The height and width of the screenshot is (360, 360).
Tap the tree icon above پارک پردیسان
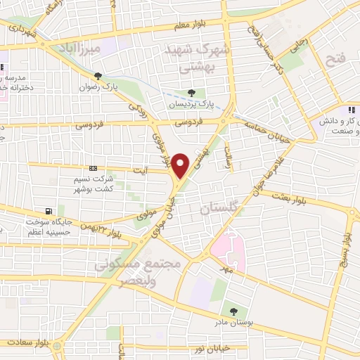pos(192,93)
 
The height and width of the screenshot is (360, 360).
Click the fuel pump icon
pos(48,211)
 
